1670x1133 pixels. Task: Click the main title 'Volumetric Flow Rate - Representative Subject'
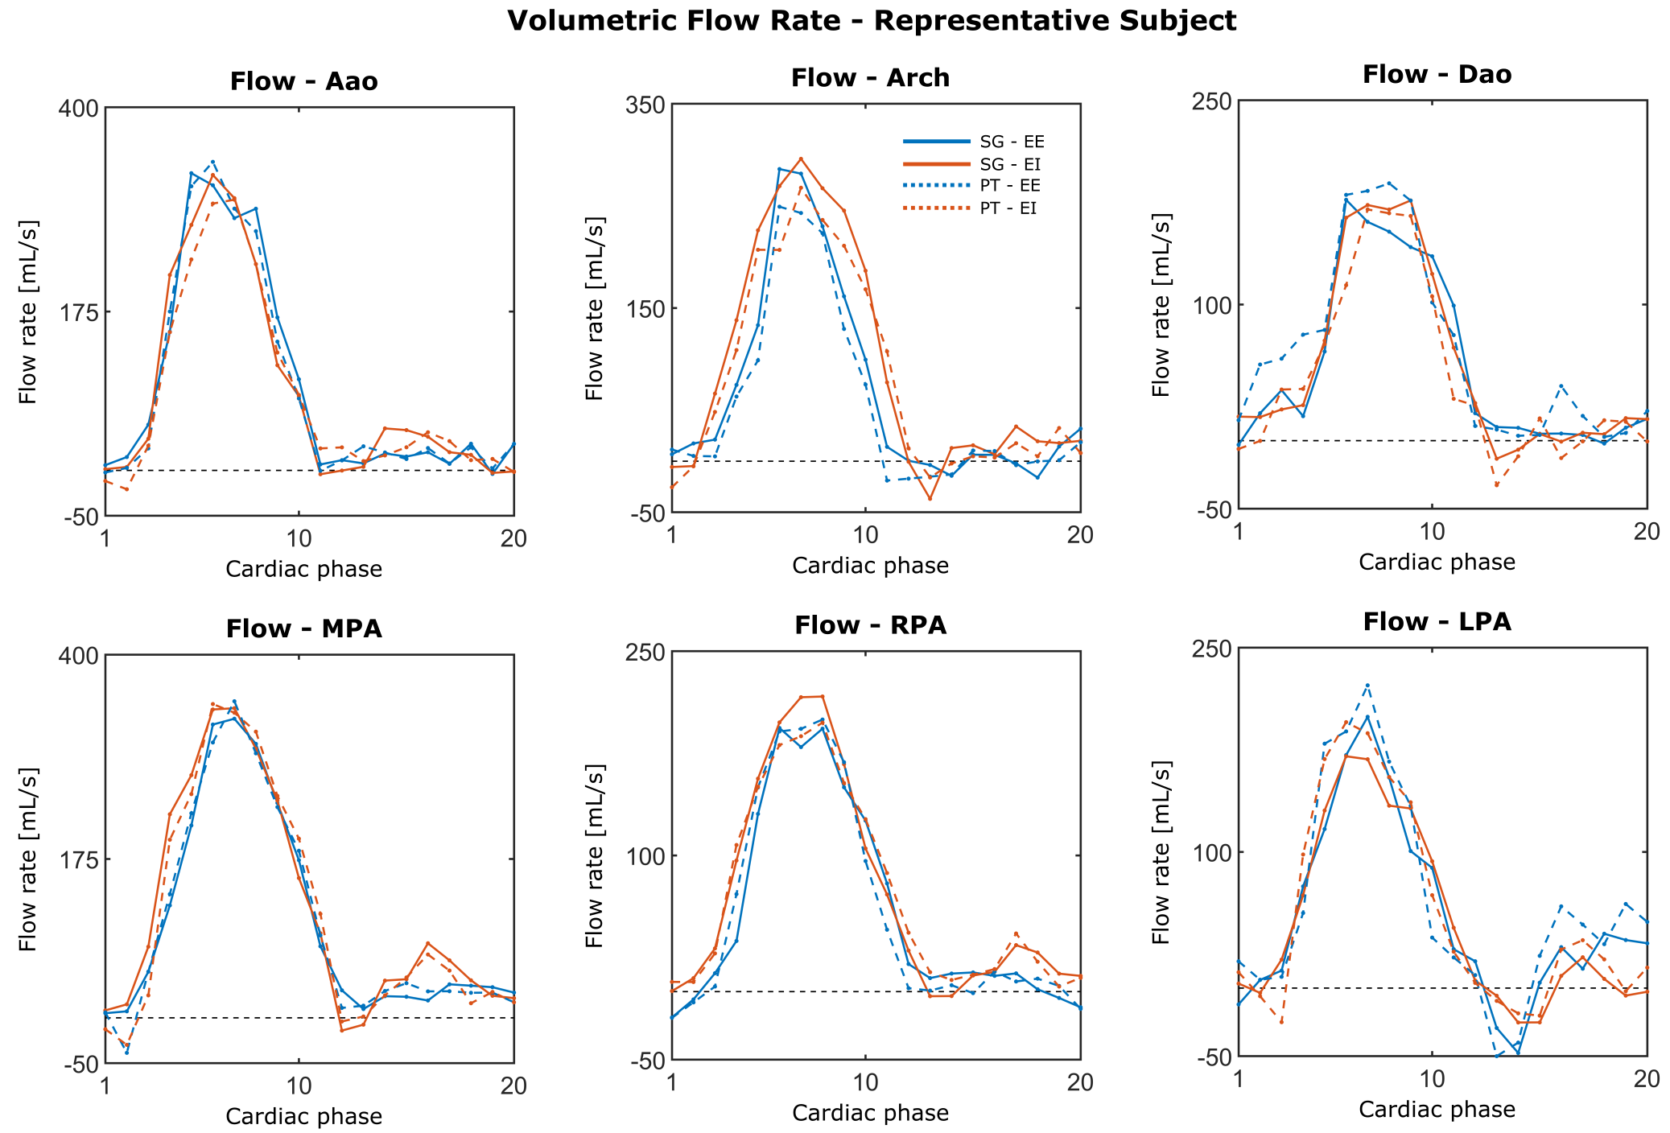click(872, 21)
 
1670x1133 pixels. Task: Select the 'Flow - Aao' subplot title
click(303, 81)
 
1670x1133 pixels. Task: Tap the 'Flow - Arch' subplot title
click(870, 78)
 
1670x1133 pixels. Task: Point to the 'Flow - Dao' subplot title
click(1437, 75)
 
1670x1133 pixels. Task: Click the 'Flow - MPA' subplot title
click(303, 628)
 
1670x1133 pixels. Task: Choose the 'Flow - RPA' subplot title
click(870, 625)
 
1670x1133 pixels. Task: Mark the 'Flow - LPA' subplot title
click(1437, 622)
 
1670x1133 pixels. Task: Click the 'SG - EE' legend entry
click(1012, 142)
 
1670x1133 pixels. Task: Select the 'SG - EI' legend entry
click(1010, 164)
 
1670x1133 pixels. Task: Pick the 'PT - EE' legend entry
click(1010, 186)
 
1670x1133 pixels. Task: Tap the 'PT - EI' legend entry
click(1008, 208)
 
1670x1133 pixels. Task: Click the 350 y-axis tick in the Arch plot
click(645, 105)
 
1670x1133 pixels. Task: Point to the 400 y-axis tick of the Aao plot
click(78, 109)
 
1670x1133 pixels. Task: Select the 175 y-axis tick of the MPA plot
click(78, 859)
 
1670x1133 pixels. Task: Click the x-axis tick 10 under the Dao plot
click(1432, 532)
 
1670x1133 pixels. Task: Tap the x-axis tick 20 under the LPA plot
click(1647, 1079)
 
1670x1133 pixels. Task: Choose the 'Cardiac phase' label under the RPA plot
click(870, 1113)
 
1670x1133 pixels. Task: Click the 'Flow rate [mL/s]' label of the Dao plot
click(1161, 305)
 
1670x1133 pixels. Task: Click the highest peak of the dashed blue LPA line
click(1367, 685)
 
